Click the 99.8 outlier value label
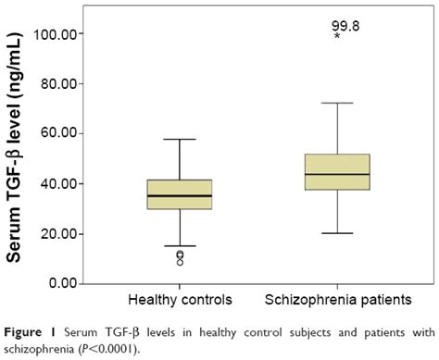pyautogui.click(x=345, y=27)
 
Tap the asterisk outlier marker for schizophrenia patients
pyautogui.click(x=338, y=38)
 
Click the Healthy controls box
pyautogui.click(x=179, y=194)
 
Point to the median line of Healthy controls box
pyautogui.click(x=179, y=196)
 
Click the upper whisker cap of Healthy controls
pyautogui.click(x=179, y=139)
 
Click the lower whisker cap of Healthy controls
pyautogui.click(x=179, y=246)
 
